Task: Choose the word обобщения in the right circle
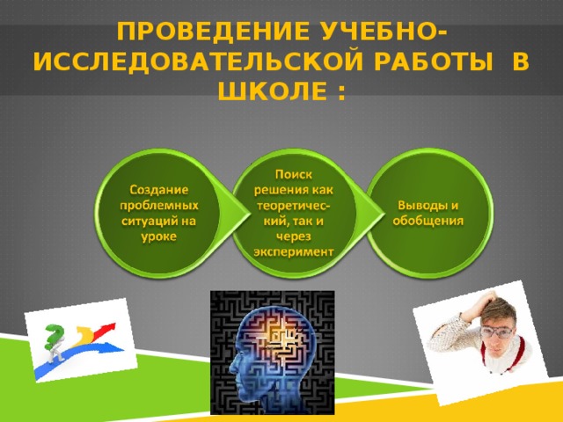[428, 221]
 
